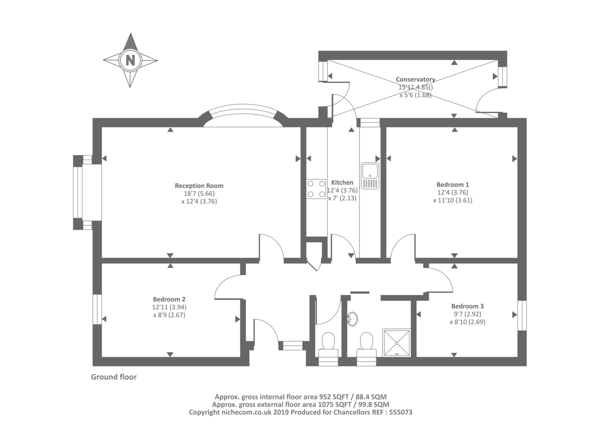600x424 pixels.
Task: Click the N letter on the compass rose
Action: click(130, 60)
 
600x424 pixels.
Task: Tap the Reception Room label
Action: click(199, 186)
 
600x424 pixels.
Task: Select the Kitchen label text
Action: click(342, 183)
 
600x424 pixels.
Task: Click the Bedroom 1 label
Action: click(453, 184)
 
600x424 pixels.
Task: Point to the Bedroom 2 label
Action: click(169, 299)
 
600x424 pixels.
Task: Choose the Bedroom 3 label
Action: click(467, 306)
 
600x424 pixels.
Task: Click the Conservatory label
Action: click(415, 79)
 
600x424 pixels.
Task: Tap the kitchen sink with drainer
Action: click(370, 176)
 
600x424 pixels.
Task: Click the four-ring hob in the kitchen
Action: click(316, 189)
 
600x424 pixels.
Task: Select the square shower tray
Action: click(396, 343)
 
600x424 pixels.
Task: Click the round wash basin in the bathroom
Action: click(352, 319)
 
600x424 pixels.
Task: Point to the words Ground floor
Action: click(114, 377)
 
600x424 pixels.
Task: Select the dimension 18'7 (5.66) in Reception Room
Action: click(199, 193)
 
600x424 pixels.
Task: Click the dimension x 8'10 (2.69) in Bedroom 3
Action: click(467, 322)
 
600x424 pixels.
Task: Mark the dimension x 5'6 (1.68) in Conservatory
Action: click(415, 95)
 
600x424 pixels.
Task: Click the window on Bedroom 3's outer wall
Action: click(522, 316)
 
